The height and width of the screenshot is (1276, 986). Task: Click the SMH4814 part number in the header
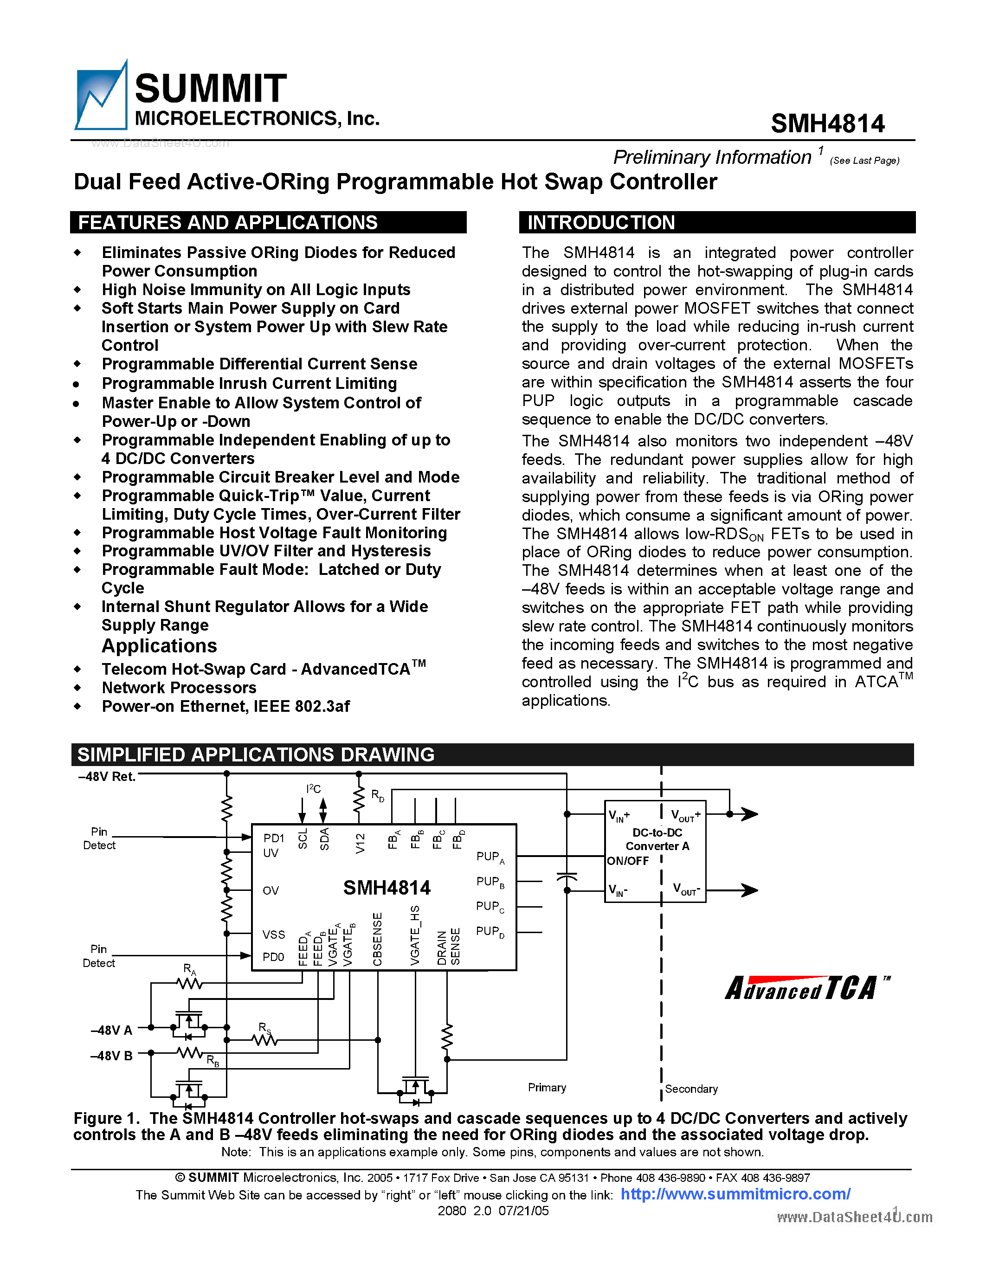click(x=827, y=124)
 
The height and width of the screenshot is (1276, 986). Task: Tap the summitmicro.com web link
click(x=735, y=1194)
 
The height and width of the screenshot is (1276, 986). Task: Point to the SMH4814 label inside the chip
click(x=387, y=888)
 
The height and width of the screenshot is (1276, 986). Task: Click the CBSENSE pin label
click(x=377, y=939)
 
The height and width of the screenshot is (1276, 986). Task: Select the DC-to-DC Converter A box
click(x=655, y=851)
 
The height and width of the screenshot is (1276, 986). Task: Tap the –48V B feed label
click(x=111, y=1056)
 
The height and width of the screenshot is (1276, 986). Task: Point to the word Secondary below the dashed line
click(x=691, y=1089)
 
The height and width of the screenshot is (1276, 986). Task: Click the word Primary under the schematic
click(x=547, y=1087)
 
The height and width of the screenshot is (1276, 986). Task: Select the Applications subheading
click(x=159, y=645)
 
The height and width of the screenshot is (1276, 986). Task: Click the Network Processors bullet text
click(x=179, y=688)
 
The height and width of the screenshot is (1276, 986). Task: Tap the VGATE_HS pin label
click(x=415, y=935)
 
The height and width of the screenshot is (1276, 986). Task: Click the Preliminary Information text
click(x=712, y=157)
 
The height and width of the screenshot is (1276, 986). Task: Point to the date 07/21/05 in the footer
click(x=523, y=1211)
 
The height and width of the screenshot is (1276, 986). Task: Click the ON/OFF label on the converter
click(x=627, y=861)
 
